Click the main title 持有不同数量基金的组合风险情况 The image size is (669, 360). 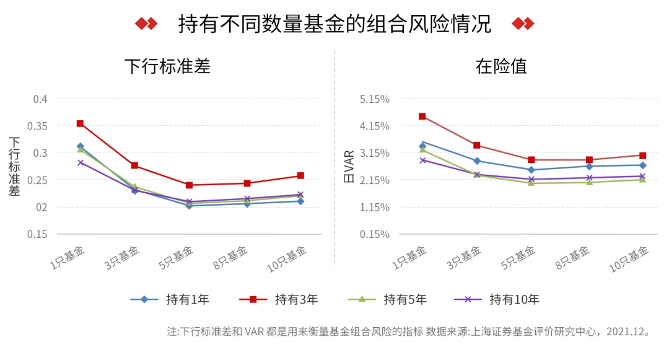click(334, 24)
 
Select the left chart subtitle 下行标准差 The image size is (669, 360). click(167, 66)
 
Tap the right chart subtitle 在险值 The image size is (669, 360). click(501, 66)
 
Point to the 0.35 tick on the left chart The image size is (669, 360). click(39, 126)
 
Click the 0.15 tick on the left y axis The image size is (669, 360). click(39, 234)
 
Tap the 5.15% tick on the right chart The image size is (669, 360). click(375, 99)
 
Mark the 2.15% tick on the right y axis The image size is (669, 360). click(375, 180)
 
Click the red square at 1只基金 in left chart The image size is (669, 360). click(80, 123)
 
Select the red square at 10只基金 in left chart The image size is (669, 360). click(300, 175)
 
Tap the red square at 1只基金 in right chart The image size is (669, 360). click(422, 116)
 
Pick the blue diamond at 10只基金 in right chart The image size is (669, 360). click(642, 165)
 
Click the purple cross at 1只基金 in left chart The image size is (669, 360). click(80, 162)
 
